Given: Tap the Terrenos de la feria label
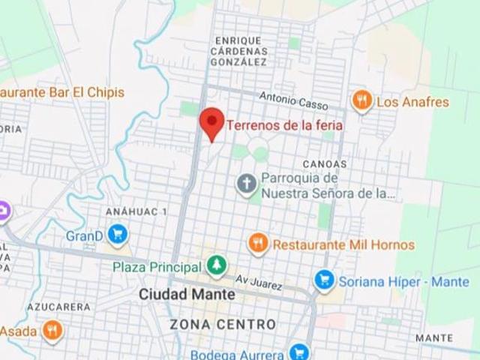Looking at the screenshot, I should [x=284, y=125].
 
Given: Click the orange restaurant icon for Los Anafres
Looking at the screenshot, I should [x=362, y=101].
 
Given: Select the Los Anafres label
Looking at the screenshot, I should [x=412, y=102].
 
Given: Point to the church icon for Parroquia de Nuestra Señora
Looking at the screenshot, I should [x=246, y=183].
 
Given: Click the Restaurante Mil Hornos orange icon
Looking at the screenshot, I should [x=258, y=243].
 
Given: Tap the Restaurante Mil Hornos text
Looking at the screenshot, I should [x=343, y=244].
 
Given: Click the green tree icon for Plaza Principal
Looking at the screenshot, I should [x=216, y=265].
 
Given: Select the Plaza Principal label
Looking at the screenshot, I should [x=157, y=267].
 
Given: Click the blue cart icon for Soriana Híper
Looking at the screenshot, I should [x=324, y=280].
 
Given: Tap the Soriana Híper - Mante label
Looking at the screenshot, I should [x=403, y=282].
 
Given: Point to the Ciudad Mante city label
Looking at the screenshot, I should [x=187, y=295].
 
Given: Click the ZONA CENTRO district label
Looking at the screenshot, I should [x=223, y=325].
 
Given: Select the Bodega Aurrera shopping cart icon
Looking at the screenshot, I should [x=298, y=352].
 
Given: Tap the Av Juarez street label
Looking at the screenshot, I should [x=259, y=282].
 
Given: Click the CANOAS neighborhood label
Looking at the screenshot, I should [x=325, y=163].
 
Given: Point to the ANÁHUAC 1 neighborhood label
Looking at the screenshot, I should [x=136, y=212].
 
